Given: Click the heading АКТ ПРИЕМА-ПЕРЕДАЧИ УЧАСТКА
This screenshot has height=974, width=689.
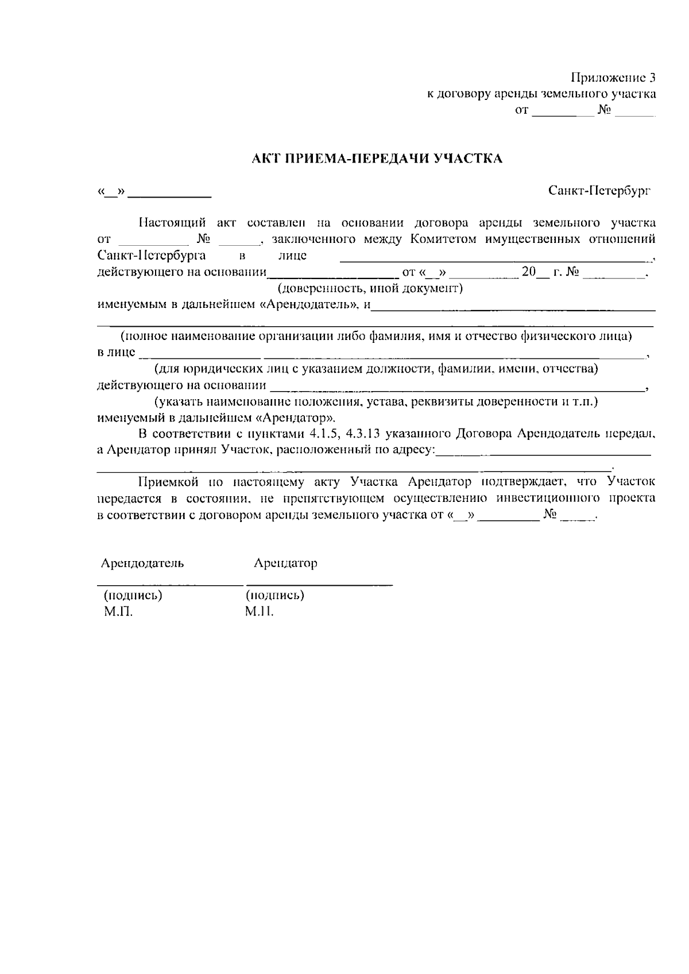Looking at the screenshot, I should (x=377, y=159).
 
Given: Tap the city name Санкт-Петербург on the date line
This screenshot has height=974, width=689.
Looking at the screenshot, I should (x=599, y=190).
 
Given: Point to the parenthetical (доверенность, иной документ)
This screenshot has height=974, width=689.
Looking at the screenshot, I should (x=370, y=288).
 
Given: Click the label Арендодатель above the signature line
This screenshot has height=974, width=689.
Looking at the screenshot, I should (x=142, y=563).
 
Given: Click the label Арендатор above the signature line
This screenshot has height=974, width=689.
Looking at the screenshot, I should (x=285, y=563).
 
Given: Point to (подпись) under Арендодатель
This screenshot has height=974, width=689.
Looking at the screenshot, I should (x=133, y=595).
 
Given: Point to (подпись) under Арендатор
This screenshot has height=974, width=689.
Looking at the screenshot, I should (x=274, y=595).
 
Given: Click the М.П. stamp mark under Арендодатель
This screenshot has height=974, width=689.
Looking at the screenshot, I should (x=118, y=612).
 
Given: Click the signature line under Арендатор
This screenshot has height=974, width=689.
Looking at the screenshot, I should (x=319, y=584).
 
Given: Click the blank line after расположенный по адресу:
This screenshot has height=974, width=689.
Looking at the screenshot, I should (x=543, y=455).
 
